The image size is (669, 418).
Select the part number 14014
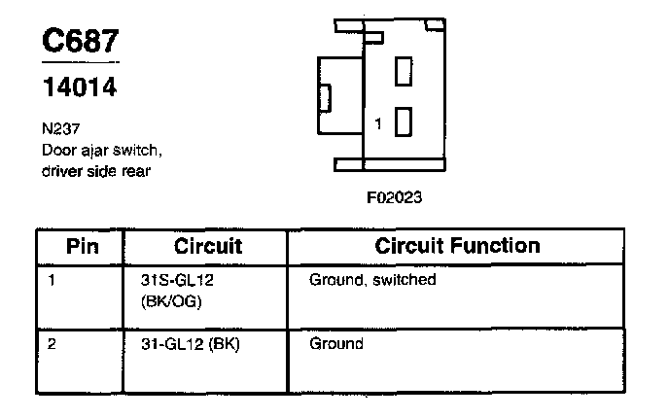80,88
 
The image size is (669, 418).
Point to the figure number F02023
395,195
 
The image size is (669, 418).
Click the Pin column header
83,245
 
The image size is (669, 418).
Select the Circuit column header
208,245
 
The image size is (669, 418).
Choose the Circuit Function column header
457,245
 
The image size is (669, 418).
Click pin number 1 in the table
51,280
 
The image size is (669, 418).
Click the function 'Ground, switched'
372,280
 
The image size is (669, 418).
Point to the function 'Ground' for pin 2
336,344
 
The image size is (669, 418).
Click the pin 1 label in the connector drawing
378,122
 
